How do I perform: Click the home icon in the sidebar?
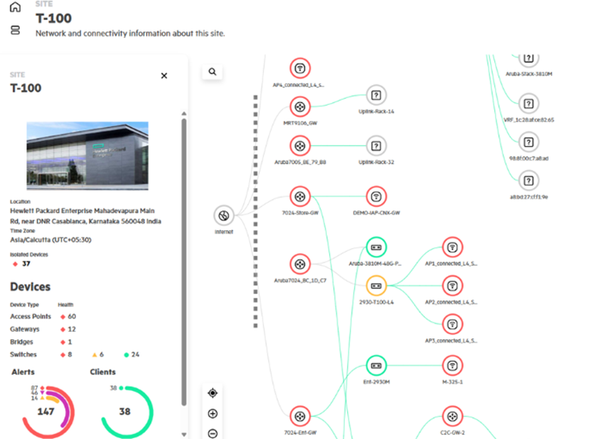pyautogui.click(x=15, y=7)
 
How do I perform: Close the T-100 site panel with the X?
pyautogui.click(x=163, y=76)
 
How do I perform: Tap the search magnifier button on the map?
pyautogui.click(x=213, y=72)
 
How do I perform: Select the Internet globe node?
pyautogui.click(x=222, y=216)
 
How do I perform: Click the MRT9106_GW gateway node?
pyautogui.click(x=299, y=106)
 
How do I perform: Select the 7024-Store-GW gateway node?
pyautogui.click(x=299, y=196)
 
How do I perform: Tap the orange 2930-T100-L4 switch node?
pyautogui.click(x=375, y=286)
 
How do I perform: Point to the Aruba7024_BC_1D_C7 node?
pyautogui.click(x=299, y=265)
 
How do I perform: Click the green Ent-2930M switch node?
pyautogui.click(x=375, y=365)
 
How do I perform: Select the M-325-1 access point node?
pyautogui.click(x=451, y=365)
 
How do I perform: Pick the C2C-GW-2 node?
pyautogui.click(x=451, y=415)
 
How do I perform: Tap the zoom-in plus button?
pyautogui.click(x=213, y=413)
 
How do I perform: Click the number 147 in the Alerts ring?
pyautogui.click(x=45, y=411)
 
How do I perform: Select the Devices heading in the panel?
pyautogui.click(x=30, y=287)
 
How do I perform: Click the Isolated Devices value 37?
pyautogui.click(x=26, y=264)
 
